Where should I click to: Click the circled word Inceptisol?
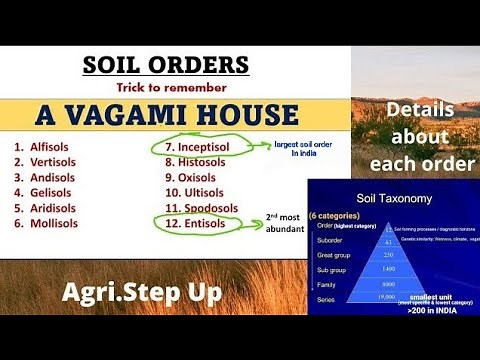213,146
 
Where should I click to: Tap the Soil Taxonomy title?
391,199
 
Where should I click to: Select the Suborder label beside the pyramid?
330,240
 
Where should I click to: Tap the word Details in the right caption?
414,112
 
